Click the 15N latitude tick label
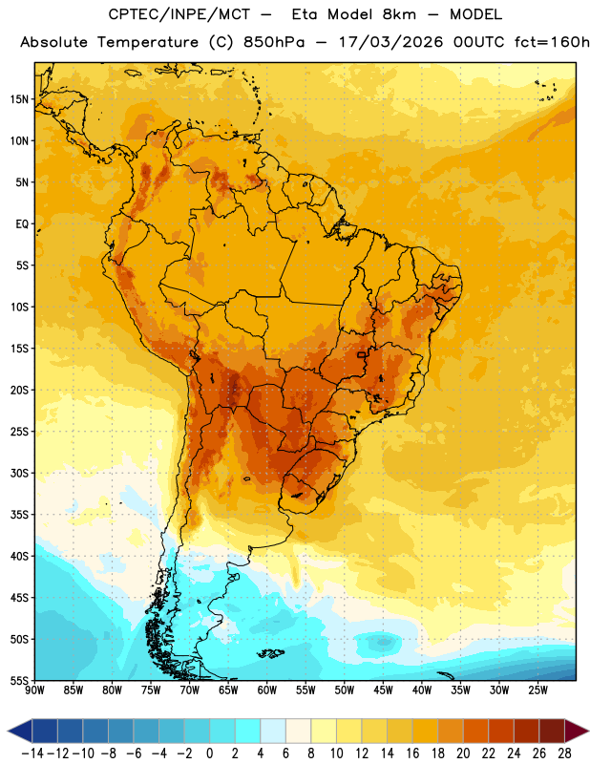tap(19, 99)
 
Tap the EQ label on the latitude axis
tap(22, 224)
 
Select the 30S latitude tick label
tap(19, 473)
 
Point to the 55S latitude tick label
tap(19, 681)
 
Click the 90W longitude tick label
tap(34, 690)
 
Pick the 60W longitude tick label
tap(267, 690)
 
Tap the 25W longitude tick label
tap(537, 690)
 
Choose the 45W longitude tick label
tap(383, 690)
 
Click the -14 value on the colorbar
tap(32, 753)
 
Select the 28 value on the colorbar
tap(564, 753)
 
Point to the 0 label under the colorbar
tap(209, 753)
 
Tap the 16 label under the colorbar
tap(412, 753)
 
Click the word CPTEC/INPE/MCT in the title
tap(179, 14)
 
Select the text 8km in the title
tap(399, 14)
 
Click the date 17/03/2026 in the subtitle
tap(390, 42)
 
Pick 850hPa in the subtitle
tap(274, 42)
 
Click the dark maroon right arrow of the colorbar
tap(577, 731)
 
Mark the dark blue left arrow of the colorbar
tap(20, 731)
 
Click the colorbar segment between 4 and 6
tap(273, 731)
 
